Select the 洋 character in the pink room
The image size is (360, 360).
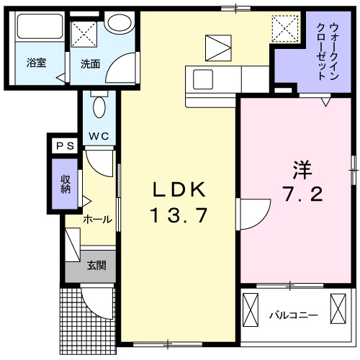(x=302, y=169)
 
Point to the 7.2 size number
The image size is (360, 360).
(x=302, y=194)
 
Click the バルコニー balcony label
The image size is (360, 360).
(x=293, y=315)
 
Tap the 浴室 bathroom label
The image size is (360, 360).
(x=37, y=62)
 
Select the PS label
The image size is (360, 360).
(x=62, y=145)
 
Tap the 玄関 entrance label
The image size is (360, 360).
(x=96, y=265)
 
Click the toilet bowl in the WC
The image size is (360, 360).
(x=99, y=107)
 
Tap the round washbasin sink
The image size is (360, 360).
(x=115, y=22)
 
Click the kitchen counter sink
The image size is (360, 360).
(x=200, y=77)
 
